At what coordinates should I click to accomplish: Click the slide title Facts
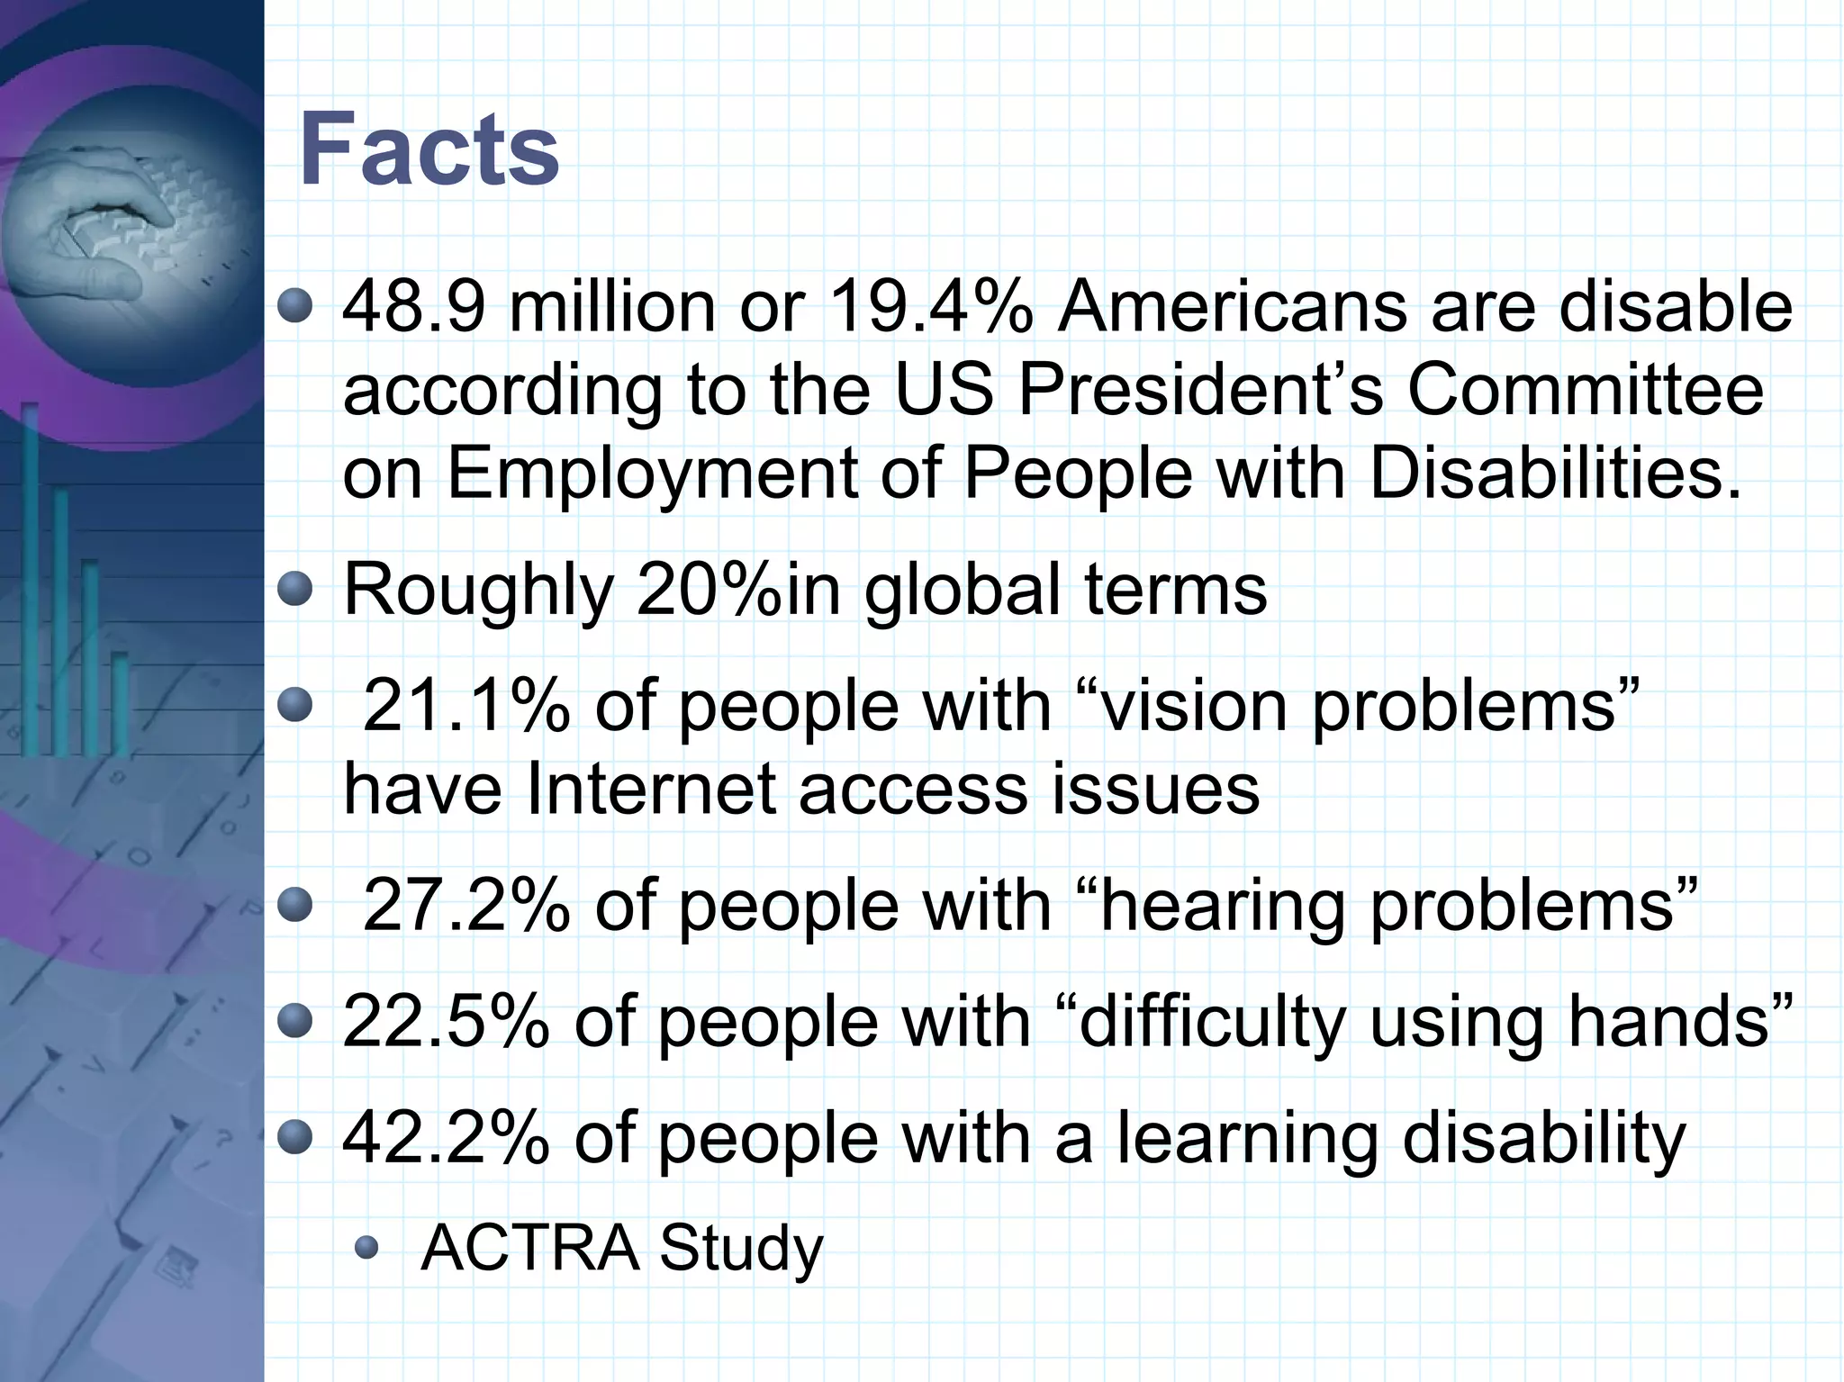(429, 149)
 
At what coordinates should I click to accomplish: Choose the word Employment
(652, 474)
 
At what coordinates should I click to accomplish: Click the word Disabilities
(1555, 474)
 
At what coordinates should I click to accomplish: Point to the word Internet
(650, 790)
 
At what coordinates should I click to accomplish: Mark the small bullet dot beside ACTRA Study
(366, 1248)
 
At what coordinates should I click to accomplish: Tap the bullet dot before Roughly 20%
(294, 591)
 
